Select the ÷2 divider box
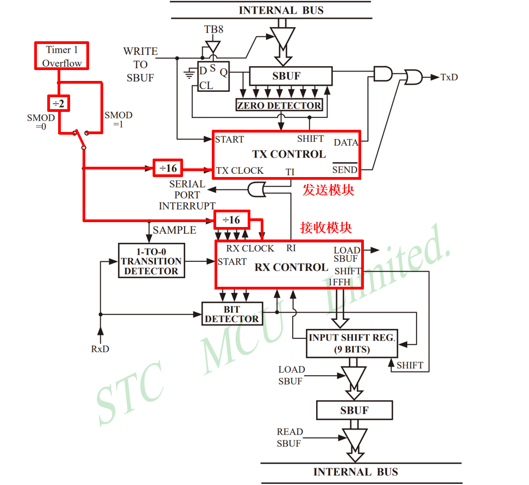(58, 102)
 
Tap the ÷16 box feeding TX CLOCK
(168, 168)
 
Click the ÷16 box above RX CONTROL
(231, 219)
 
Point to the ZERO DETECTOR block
(279, 105)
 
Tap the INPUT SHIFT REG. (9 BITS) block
(352, 343)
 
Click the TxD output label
(449, 78)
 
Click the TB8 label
(213, 29)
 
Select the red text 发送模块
(329, 190)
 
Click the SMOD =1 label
(118, 119)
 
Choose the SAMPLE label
(174, 230)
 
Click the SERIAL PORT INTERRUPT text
(187, 195)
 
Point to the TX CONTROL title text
(289, 154)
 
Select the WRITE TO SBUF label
(140, 65)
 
